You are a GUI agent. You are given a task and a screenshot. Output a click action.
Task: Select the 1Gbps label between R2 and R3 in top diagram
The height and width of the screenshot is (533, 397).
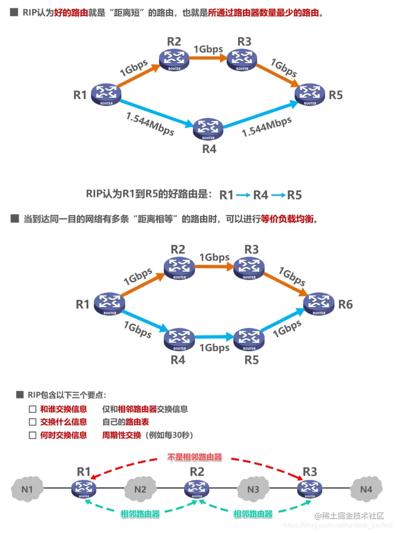coord(208,49)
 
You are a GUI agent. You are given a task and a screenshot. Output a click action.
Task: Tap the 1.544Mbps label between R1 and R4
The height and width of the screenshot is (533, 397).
coord(150,124)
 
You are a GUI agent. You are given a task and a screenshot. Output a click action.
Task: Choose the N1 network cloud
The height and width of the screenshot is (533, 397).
coord(27,489)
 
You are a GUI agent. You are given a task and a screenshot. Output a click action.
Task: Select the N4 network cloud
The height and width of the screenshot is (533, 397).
coord(366,489)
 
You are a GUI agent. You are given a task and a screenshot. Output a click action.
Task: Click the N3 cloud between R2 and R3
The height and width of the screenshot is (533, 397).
coord(253,489)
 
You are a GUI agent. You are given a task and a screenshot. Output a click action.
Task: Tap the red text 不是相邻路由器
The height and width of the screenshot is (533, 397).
coord(194,457)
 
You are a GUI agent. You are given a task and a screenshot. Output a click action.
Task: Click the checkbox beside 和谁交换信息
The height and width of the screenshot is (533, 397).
coord(32,409)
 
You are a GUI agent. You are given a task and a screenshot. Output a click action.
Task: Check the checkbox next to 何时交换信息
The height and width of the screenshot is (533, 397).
coord(32,435)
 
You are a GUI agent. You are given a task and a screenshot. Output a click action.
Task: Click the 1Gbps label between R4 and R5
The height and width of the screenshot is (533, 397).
coord(214,348)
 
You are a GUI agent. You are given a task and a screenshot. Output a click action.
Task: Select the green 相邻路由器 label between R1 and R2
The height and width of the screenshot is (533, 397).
coord(140,514)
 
